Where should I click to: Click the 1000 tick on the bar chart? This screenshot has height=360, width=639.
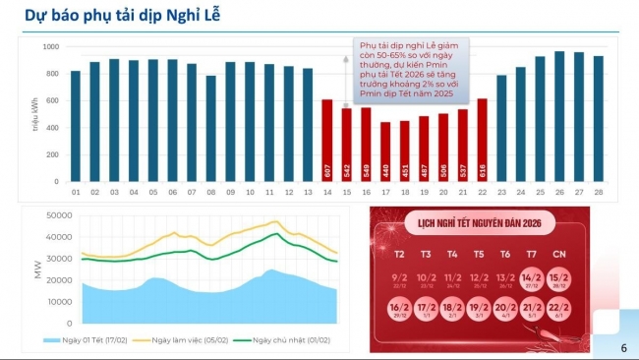click(51, 47)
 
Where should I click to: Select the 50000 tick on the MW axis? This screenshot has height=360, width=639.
click(59, 215)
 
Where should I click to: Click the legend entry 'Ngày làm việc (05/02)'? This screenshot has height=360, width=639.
click(193, 339)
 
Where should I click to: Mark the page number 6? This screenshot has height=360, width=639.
click(623, 347)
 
